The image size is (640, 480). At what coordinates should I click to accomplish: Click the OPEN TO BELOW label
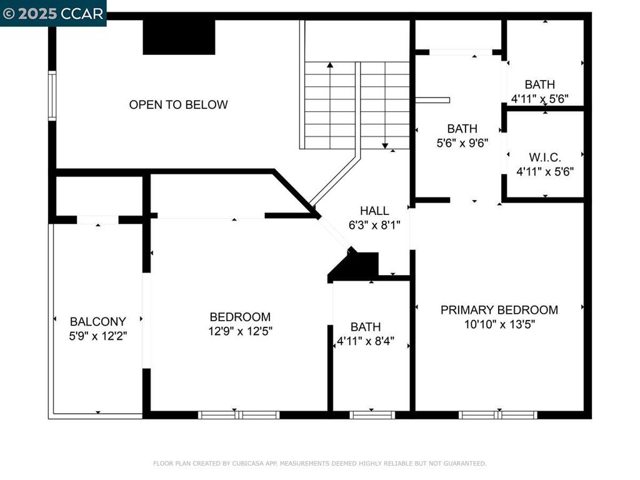coord(178,105)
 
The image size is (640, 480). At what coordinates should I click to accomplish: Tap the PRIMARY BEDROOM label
coord(499,310)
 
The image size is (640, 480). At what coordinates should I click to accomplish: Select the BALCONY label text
coord(97,322)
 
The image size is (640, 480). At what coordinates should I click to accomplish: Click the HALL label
coord(374,211)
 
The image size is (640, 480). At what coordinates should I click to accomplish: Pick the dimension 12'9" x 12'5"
coord(240,331)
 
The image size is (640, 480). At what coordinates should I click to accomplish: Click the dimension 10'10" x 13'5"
coord(499,324)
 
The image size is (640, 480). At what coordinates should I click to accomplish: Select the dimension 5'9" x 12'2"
coord(97,336)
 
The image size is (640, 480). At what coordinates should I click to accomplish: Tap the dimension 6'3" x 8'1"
coord(374,225)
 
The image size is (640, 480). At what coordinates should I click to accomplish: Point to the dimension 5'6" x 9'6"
coord(462,142)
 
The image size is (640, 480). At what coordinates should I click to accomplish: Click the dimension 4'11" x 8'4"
coord(366,341)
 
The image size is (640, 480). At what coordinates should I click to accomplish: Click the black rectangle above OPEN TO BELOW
coord(179,37)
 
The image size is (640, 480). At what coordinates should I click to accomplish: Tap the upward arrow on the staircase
coord(330,65)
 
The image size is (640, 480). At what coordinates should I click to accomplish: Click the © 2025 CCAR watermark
coord(53,13)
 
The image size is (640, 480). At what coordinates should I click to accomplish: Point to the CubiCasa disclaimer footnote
coord(319,464)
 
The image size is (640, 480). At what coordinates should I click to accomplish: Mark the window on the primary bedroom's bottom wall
coord(497,414)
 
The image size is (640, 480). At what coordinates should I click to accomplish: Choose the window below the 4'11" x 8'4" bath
coord(372,414)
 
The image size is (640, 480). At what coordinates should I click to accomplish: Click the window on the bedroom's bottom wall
coord(239,414)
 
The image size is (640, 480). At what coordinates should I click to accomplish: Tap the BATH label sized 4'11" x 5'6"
coord(539,84)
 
